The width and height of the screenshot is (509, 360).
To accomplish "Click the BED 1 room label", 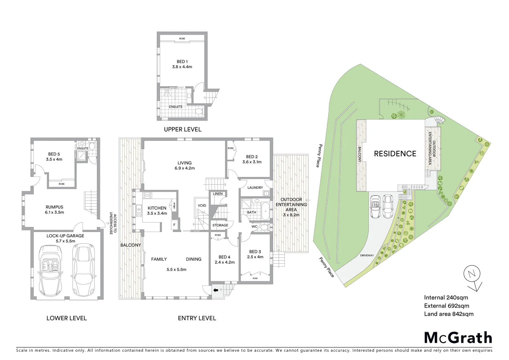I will point(182,62).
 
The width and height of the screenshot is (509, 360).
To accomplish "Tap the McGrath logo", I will point(458,338).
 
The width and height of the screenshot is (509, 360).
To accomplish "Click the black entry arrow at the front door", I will point(216,290).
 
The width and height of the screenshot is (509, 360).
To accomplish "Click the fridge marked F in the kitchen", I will point(174,225).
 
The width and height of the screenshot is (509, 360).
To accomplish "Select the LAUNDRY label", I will point(255,188).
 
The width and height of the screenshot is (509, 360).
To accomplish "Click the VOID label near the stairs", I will point(202,205).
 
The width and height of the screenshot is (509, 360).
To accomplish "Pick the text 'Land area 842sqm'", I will point(448,314).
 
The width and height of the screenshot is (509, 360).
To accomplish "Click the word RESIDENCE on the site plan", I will point(395,154).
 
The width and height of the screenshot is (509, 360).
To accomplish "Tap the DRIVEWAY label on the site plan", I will point(367,255).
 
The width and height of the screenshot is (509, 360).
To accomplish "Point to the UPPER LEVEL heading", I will point(183,129).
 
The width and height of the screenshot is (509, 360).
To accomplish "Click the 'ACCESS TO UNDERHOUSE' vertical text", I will point(113,224).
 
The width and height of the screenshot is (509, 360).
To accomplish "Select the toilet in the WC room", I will point(264,227).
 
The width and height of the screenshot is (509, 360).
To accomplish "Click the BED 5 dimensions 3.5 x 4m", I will point(54,159).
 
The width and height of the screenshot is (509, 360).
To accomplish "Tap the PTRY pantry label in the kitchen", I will point(174,206).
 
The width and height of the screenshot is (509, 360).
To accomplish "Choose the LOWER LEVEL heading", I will point(66,318).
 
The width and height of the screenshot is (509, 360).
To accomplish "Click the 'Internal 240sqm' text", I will point(446,298).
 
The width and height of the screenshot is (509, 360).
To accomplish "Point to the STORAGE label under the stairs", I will point(220,225).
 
